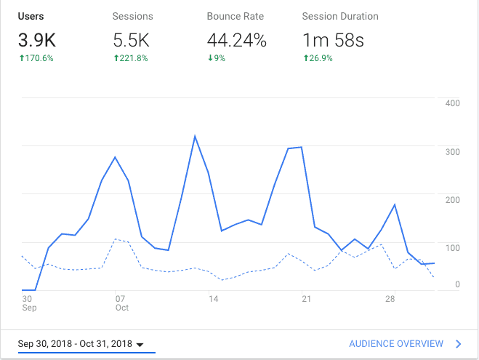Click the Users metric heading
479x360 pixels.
[31, 16]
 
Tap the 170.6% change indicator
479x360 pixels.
[36, 58]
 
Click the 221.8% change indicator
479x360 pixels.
[132, 58]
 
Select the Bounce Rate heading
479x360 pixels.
[234, 16]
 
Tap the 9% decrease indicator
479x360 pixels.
[217, 58]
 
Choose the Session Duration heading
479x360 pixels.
[340, 16]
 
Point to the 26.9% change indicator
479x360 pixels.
[318, 58]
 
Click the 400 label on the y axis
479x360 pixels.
[452, 103]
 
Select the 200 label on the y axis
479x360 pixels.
[452, 200]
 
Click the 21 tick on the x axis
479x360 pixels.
[306, 298]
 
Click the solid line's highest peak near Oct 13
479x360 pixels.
[195, 136]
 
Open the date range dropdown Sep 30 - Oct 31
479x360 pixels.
[81, 344]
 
